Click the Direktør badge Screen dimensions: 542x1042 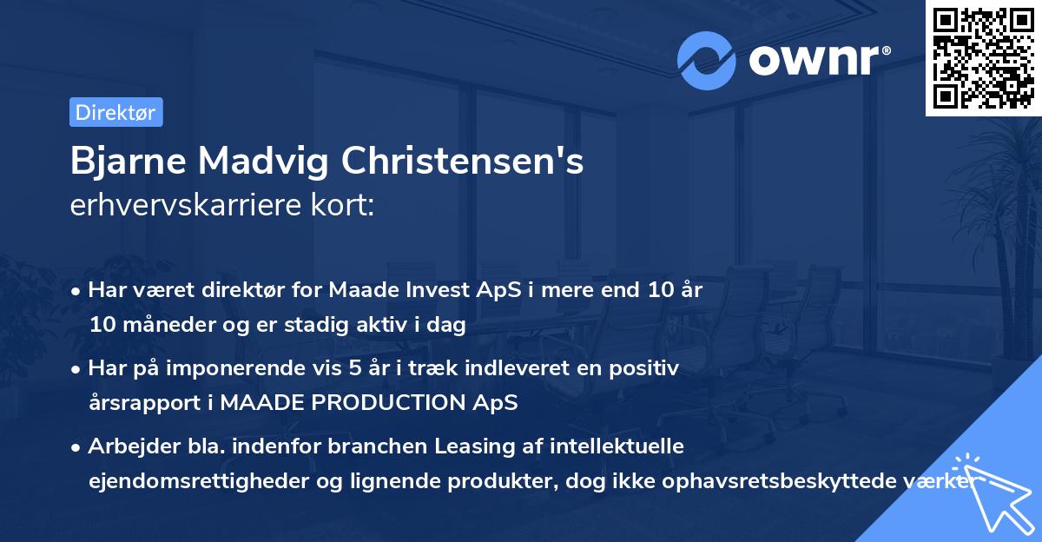point(115,112)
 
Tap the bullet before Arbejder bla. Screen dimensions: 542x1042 point(77,447)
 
